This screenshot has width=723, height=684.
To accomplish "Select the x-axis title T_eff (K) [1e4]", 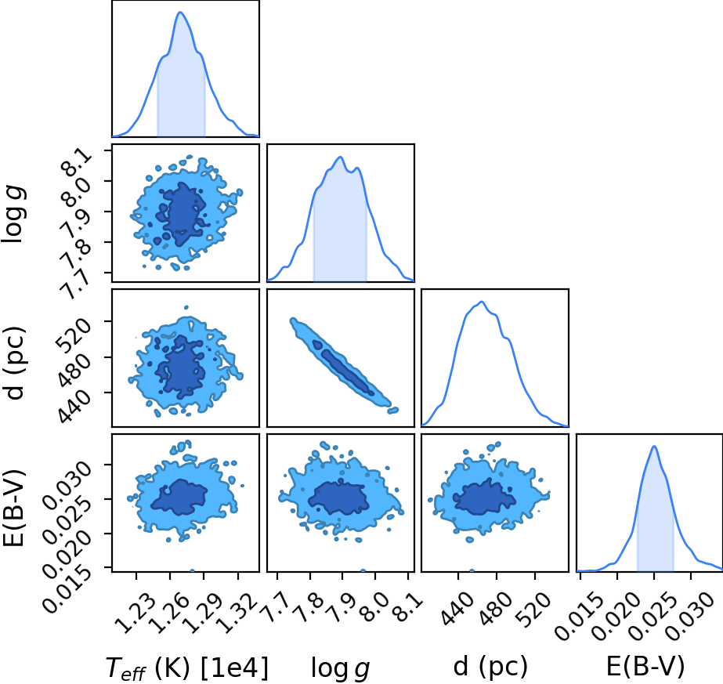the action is pyautogui.click(x=186, y=668).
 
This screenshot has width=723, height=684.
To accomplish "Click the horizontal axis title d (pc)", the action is pyautogui.click(x=490, y=667).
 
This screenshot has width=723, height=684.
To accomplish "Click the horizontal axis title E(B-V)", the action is pyautogui.click(x=645, y=667).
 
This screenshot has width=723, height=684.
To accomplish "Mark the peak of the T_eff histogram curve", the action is pyautogui.click(x=180, y=12).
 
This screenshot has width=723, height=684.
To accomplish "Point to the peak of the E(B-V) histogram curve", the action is pyautogui.click(x=654, y=446).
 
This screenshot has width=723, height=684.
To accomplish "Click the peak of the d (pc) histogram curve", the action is pyautogui.click(x=482, y=302).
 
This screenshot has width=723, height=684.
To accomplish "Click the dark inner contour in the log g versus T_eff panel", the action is pyautogui.click(x=181, y=214).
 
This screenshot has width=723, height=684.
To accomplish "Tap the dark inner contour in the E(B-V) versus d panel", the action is pyautogui.click(x=485, y=498).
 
